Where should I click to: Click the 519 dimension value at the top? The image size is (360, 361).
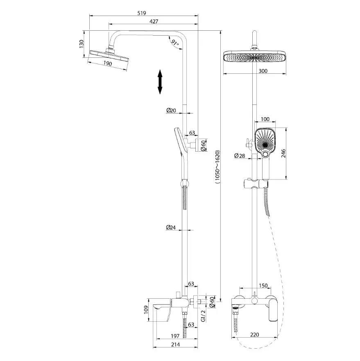[x=142, y=13]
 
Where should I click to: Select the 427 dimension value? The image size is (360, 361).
[x=154, y=21]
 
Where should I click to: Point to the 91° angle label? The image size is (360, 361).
[x=175, y=43]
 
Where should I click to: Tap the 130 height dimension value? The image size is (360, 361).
[x=82, y=44]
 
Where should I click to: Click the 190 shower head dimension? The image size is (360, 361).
[x=107, y=64]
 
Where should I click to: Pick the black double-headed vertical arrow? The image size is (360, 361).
[x=160, y=82]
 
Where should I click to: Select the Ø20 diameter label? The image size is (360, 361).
[x=171, y=110]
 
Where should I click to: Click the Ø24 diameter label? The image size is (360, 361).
[x=171, y=227]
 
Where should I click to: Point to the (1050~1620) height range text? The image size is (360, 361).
[x=217, y=167]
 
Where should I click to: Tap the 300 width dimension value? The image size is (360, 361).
[x=263, y=71]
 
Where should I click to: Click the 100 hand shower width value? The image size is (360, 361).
[x=265, y=119]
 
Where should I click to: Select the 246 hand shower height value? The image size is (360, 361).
[x=283, y=153]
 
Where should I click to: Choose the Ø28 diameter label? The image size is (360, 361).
[x=240, y=156]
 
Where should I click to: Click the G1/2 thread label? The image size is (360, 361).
[x=203, y=316]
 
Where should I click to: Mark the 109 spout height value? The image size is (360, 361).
[x=145, y=310]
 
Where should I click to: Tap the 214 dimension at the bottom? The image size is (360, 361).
[x=175, y=345]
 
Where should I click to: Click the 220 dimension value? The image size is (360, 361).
[x=255, y=334]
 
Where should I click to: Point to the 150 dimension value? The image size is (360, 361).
[x=263, y=286]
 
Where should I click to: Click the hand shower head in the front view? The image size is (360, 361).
[x=265, y=143]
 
